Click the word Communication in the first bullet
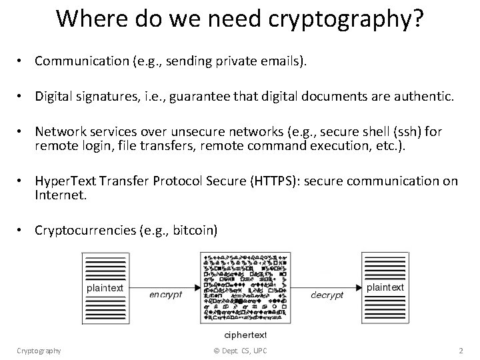pos(77,61)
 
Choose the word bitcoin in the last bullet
pos(193,231)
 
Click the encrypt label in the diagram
pos(165,294)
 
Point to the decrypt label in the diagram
pos(327,294)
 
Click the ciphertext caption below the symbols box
pos(245,333)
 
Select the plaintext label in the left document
pos(104,288)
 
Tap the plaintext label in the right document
pos(385,287)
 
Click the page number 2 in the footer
pos(461,351)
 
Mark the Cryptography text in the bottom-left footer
pos(39,351)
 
